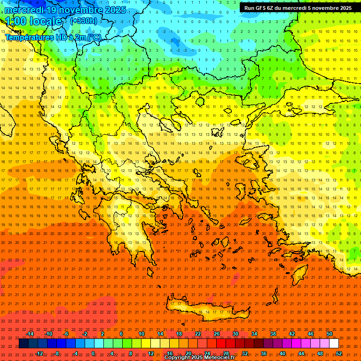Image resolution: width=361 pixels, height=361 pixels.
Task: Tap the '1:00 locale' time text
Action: tap(33, 21)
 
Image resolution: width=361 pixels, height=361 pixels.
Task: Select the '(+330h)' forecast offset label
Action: tap(84, 21)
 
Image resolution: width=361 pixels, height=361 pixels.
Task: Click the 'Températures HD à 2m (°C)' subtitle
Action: tap(53, 37)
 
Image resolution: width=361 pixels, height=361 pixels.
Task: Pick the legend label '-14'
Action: tap(30, 334)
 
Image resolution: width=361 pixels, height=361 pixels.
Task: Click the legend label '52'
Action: tap(339, 353)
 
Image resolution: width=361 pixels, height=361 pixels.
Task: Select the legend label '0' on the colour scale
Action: tap(93, 353)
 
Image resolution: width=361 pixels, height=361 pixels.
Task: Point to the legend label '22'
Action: tap(198, 334)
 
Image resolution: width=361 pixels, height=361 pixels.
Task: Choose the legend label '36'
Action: tap(264, 353)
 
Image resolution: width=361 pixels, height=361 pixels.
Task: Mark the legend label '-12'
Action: tap(39, 353)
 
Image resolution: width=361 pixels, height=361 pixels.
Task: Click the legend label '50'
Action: tap(330, 334)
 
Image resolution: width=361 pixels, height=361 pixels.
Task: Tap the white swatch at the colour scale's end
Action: tap(334, 344)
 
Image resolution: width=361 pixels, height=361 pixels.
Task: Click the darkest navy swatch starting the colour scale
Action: tap(24, 344)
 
